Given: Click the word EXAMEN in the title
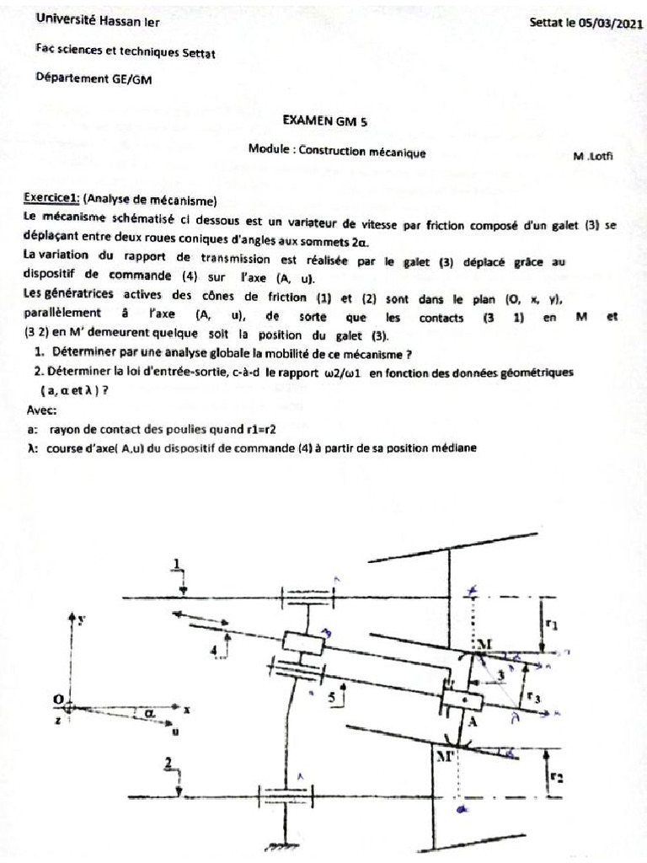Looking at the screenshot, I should coord(307,121).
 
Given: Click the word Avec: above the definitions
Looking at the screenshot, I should coord(42,410).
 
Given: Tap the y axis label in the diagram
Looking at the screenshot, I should coord(83,619).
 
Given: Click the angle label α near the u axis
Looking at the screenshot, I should coord(149,712).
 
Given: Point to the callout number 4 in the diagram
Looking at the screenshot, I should coord(214,651).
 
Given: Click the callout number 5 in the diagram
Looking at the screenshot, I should coord(332,696).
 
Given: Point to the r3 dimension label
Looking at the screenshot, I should coord(533,697).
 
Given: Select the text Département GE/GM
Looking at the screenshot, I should coord(94,78).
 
